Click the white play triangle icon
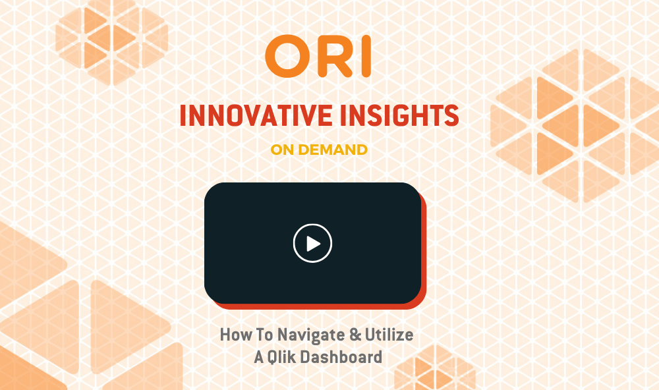point(313,243)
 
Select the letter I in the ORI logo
point(366,56)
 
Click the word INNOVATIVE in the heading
point(256,115)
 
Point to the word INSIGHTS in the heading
point(399,115)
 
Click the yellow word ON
point(282,150)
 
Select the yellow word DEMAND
point(333,150)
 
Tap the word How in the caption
point(236,335)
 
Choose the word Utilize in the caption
point(389,335)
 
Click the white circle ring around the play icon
point(312,225)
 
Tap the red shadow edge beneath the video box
point(320,306)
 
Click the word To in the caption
point(264,335)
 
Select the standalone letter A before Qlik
point(259,357)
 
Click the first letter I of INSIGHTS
point(343,115)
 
